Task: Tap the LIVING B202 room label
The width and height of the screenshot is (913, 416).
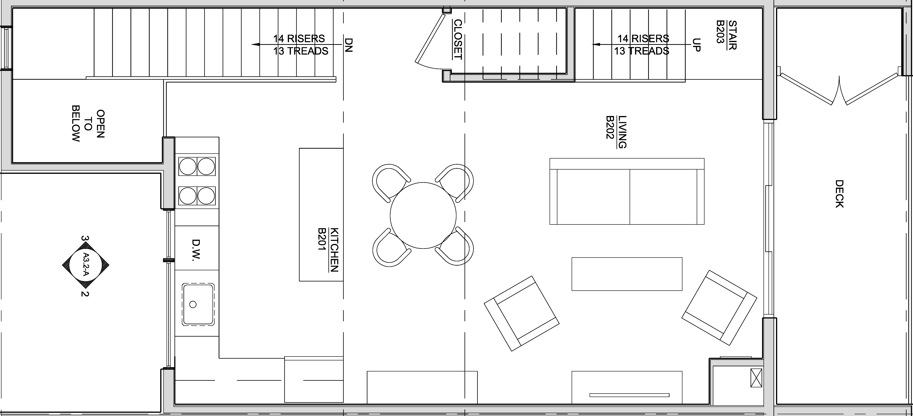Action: coord(616,132)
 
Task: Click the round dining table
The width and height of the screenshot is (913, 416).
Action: coord(423,215)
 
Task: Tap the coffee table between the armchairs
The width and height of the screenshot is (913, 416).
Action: coord(627,274)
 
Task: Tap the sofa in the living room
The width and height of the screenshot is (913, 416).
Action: coord(627,191)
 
